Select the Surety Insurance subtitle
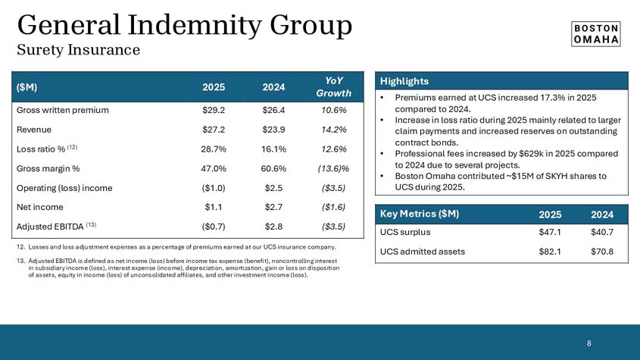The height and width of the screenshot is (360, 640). (x=79, y=50)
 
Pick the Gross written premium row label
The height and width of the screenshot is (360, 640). (x=62, y=110)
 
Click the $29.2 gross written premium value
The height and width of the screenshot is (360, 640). (x=213, y=110)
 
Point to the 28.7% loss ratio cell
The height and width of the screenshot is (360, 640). (x=213, y=149)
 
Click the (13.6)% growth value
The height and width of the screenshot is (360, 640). (x=332, y=168)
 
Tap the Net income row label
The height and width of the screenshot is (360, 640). (x=42, y=207)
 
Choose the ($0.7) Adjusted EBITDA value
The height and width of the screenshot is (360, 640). (x=213, y=226)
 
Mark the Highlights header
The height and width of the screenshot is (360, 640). (x=404, y=81)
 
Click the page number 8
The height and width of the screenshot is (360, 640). (x=589, y=343)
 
